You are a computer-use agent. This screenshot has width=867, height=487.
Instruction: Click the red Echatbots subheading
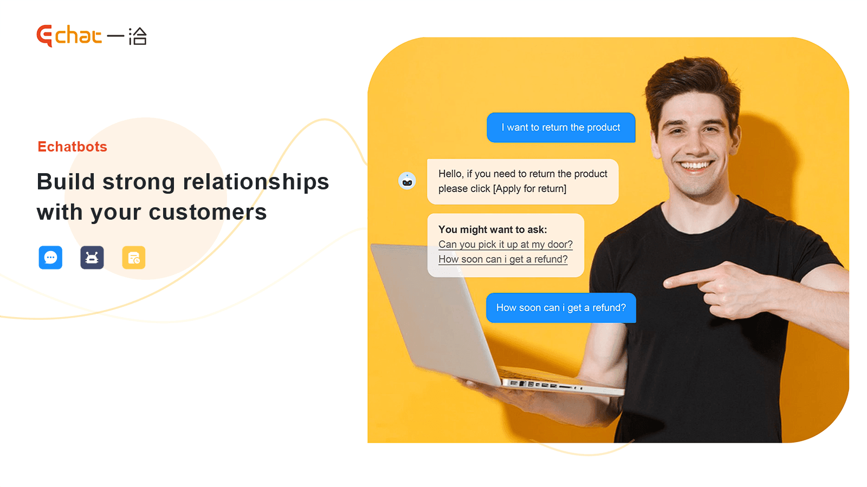pyautogui.click(x=73, y=147)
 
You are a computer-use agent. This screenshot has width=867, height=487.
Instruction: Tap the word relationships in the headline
pyautogui.click(x=256, y=182)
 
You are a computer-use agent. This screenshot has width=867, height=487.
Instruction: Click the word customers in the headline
pyautogui.click(x=208, y=212)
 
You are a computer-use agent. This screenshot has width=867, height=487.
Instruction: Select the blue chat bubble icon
pyautogui.click(x=50, y=258)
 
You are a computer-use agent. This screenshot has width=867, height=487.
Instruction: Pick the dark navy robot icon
pyautogui.click(x=92, y=258)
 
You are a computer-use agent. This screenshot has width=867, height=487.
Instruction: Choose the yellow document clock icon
pyautogui.click(x=134, y=258)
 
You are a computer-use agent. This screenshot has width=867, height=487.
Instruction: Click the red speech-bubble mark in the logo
pyautogui.click(x=44, y=36)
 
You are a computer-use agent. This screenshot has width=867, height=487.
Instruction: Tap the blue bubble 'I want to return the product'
pyautogui.click(x=561, y=128)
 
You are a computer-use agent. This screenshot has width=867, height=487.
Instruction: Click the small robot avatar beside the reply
pyautogui.click(x=407, y=181)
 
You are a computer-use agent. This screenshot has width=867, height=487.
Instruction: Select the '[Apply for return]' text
pyautogui.click(x=529, y=189)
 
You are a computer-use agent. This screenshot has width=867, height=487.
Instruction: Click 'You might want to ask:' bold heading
pyautogui.click(x=493, y=229)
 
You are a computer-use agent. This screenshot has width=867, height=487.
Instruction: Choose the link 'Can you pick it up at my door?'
pyautogui.click(x=506, y=245)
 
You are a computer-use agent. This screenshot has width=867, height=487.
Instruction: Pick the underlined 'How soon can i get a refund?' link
pyautogui.click(x=503, y=259)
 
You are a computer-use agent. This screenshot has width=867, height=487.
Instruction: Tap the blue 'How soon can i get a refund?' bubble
pyautogui.click(x=561, y=308)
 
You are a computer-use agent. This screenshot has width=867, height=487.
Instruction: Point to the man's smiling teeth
pyautogui.click(x=696, y=166)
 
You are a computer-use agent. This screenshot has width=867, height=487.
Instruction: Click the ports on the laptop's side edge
pyautogui.click(x=546, y=385)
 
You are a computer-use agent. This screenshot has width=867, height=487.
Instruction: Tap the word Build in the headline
pyautogui.click(x=66, y=182)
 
